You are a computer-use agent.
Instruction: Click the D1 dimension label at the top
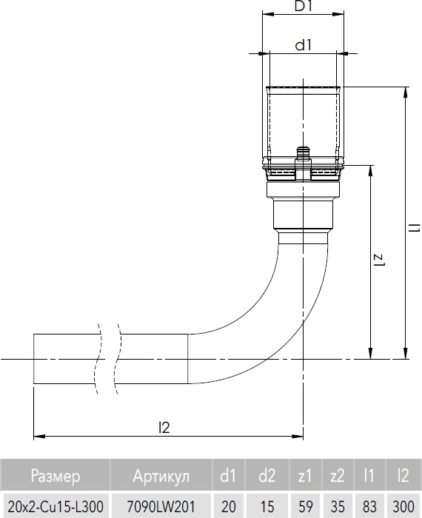point(303,6)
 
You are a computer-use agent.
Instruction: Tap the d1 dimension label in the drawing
point(304,45)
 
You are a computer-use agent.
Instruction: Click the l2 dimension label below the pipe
point(164,428)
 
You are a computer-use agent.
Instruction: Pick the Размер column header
point(56,476)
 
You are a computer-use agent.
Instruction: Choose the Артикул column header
point(161,476)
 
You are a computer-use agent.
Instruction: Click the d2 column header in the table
point(267,476)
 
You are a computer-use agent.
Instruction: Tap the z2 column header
point(338,476)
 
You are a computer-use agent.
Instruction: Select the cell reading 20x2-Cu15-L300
point(56,506)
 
